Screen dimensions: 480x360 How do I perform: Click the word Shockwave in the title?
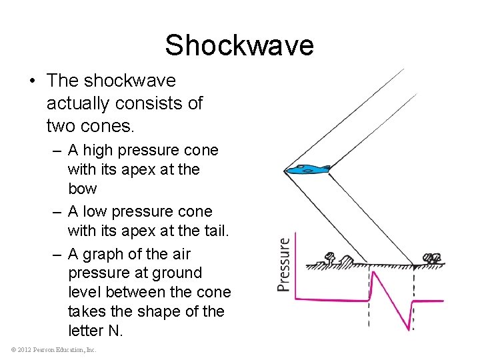239,45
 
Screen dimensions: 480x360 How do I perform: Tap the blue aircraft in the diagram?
307,170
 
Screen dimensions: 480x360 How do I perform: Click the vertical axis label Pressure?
285,264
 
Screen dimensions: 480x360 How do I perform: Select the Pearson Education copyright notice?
54,349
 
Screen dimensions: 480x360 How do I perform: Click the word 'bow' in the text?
82,189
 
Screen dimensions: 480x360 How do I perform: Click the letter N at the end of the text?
115,331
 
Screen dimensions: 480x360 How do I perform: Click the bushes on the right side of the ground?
432,258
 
